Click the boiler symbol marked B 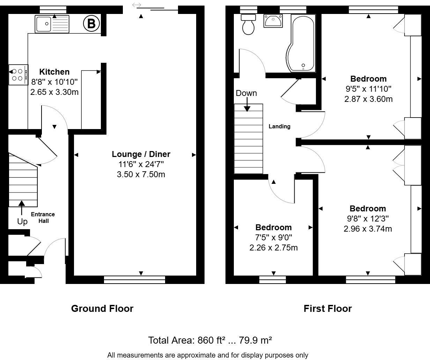(x=91, y=23)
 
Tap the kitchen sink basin (x=43, y=24)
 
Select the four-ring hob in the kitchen (x=18, y=75)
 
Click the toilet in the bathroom (x=248, y=24)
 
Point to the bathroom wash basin (x=273, y=21)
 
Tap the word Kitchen (x=54, y=72)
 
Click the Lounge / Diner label (x=141, y=154)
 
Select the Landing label (x=280, y=126)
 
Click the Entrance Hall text (x=43, y=218)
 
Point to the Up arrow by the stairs (x=22, y=208)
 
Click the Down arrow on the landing (x=247, y=104)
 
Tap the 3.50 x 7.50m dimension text (x=141, y=174)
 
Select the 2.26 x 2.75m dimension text (x=274, y=248)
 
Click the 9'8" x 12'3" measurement (x=368, y=219)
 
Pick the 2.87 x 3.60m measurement (x=369, y=99)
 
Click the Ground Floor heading (x=102, y=308)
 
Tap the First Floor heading (x=328, y=308)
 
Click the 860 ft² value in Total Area (x=211, y=340)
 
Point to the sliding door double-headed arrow (x=136, y=5)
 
